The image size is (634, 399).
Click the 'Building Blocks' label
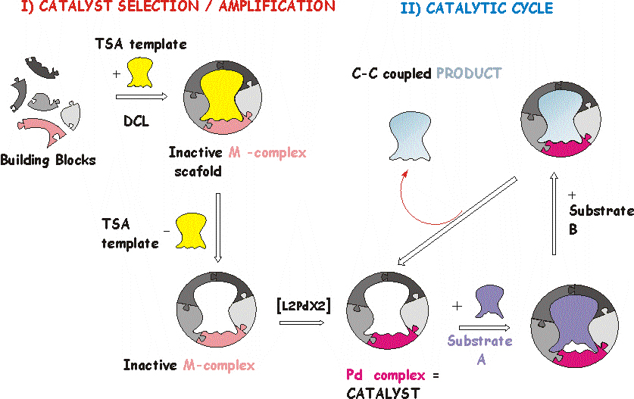pos(48,161)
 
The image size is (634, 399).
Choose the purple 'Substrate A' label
pos(480,350)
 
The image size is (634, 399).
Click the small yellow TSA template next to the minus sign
pos(191,232)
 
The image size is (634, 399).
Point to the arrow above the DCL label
pos(141,97)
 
